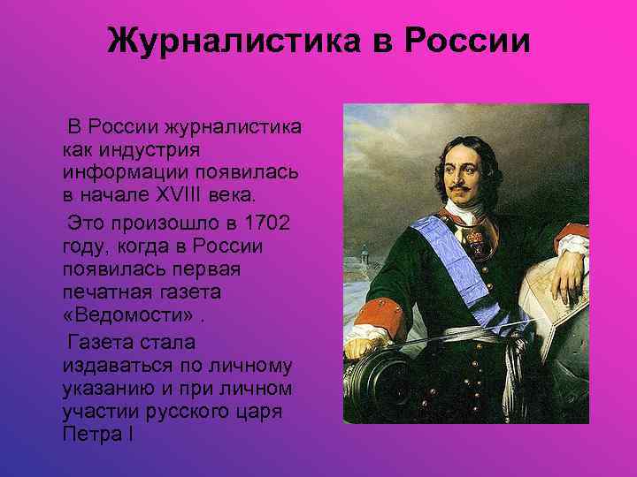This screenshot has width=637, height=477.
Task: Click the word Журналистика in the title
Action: pyautogui.click(x=222, y=41)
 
